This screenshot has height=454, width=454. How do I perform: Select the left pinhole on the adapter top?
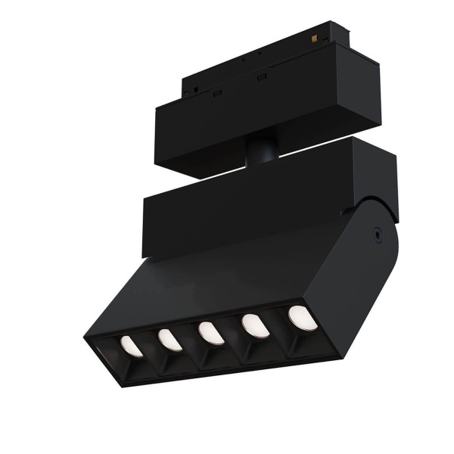(244, 58)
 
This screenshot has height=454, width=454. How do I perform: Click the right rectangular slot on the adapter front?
(262, 79)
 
